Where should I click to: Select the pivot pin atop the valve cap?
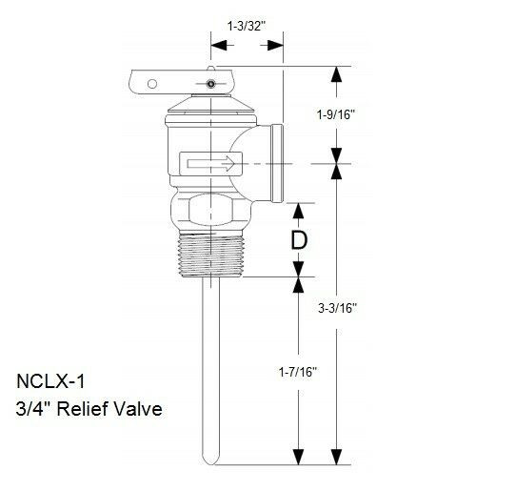pos(210,87)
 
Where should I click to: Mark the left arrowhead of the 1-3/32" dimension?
pos(215,44)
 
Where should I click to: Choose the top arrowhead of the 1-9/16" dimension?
pos(337,72)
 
